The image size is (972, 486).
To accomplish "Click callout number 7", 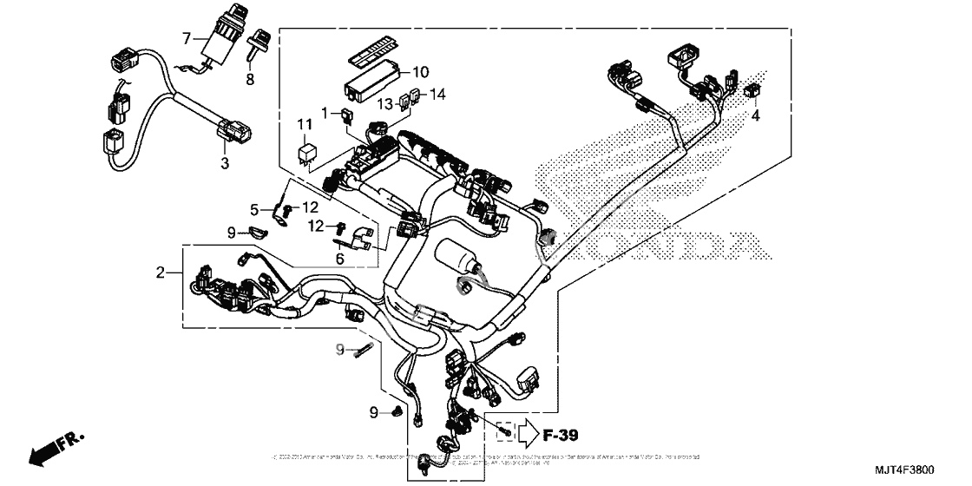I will pyautogui.click(x=186, y=37).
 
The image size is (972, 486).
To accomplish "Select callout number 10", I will pyautogui.click(x=420, y=71).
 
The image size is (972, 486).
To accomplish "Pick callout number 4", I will pyautogui.click(x=756, y=115).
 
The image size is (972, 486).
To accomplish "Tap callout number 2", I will pyautogui.click(x=160, y=273).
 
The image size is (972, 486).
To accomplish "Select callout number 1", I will pyautogui.click(x=325, y=113).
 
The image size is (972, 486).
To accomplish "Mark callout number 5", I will pyautogui.click(x=255, y=209).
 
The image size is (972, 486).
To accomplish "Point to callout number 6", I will pyautogui.click(x=339, y=258).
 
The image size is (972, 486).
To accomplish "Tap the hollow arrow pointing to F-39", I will pyautogui.click(x=529, y=430).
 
